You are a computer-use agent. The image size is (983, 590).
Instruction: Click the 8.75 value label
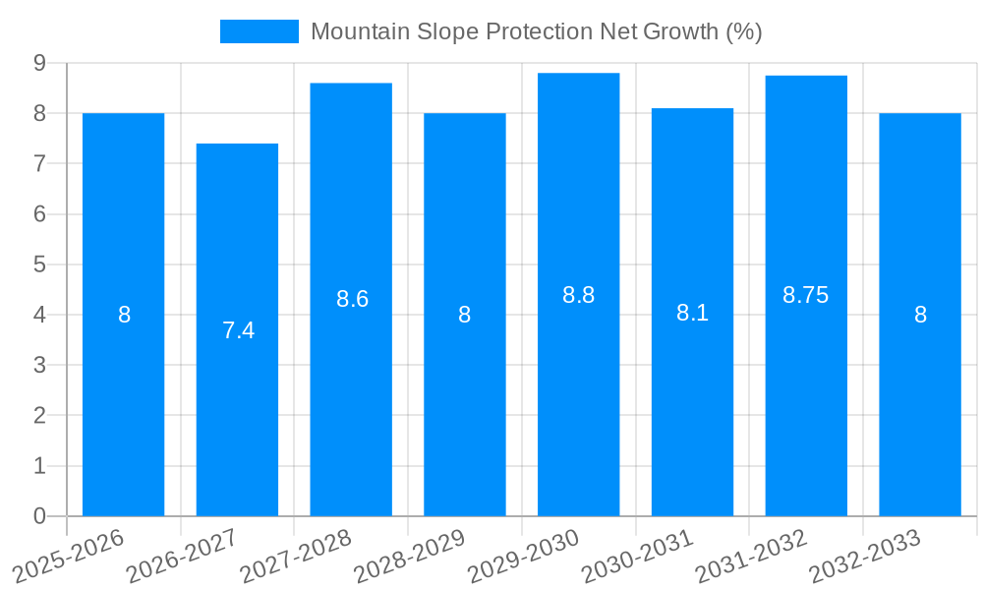point(806,294)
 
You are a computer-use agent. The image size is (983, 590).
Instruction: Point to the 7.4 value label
point(238,330)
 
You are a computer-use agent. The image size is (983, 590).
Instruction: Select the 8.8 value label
point(578,294)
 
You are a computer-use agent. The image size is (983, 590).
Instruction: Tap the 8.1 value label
point(692,313)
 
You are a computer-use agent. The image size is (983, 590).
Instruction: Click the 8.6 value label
point(352,299)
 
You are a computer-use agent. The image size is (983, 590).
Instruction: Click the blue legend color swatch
point(259,31)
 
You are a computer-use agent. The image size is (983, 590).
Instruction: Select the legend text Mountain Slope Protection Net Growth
point(536,31)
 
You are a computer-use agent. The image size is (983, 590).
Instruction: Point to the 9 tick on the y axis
point(39,63)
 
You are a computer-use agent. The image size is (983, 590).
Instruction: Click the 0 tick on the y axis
point(39,516)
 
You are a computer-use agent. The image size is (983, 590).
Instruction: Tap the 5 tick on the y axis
point(39,265)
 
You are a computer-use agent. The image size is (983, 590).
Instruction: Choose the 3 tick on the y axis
point(39,365)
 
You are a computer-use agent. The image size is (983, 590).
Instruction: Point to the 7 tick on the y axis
point(39,163)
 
